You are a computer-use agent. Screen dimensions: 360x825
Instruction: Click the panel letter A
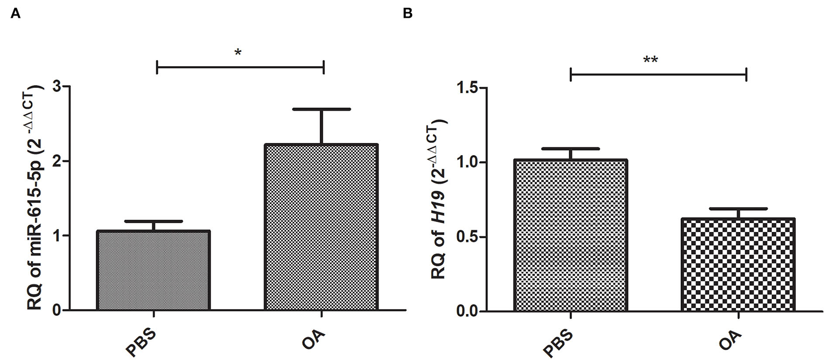click(x=15, y=14)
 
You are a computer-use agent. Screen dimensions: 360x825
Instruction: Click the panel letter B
click(x=407, y=14)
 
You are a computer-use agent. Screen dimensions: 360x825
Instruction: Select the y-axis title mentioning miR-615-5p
click(x=35, y=198)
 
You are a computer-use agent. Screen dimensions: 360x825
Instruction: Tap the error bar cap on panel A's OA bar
click(x=321, y=109)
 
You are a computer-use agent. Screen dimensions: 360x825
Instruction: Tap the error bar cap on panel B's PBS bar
click(x=571, y=149)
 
